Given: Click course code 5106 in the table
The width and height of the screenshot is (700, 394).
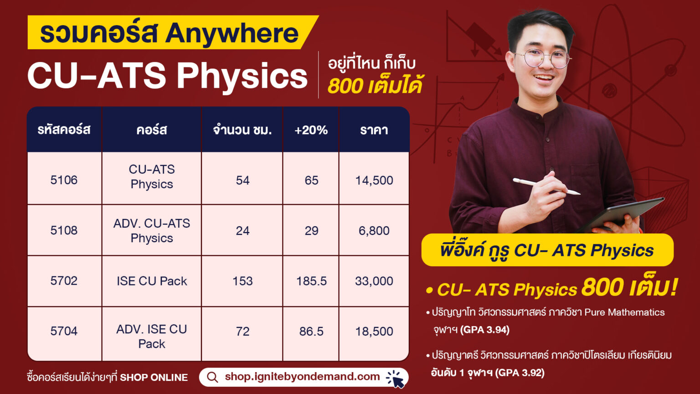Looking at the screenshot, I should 64,180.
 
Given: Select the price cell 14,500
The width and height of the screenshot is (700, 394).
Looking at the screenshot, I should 374,180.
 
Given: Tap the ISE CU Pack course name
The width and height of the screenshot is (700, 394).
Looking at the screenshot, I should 152,281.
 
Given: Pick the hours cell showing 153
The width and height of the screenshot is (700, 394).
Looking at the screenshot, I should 242,281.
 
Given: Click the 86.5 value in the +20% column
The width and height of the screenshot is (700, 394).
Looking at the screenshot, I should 311,332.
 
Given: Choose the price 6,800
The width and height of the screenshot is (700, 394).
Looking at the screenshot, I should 374,231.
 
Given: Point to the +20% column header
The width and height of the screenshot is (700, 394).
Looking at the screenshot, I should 311,130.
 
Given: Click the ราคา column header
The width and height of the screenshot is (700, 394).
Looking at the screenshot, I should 374,130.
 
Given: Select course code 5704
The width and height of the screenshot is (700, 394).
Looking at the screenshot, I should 64,331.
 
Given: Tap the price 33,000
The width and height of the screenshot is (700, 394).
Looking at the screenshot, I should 374,281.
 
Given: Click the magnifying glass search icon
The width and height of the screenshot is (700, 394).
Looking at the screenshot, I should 212,377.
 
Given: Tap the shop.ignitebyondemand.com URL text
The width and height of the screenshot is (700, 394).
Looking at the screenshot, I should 302,377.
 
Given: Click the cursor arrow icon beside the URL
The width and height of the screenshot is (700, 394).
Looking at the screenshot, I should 396,379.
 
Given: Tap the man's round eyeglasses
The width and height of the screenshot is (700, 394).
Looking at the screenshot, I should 544,58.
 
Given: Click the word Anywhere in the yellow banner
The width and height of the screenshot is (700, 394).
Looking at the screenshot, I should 232,33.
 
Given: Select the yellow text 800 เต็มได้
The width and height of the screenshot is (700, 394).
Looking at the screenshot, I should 375,86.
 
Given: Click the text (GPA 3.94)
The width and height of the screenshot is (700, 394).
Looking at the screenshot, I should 485,330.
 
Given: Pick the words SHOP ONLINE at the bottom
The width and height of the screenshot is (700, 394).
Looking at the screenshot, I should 154,378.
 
